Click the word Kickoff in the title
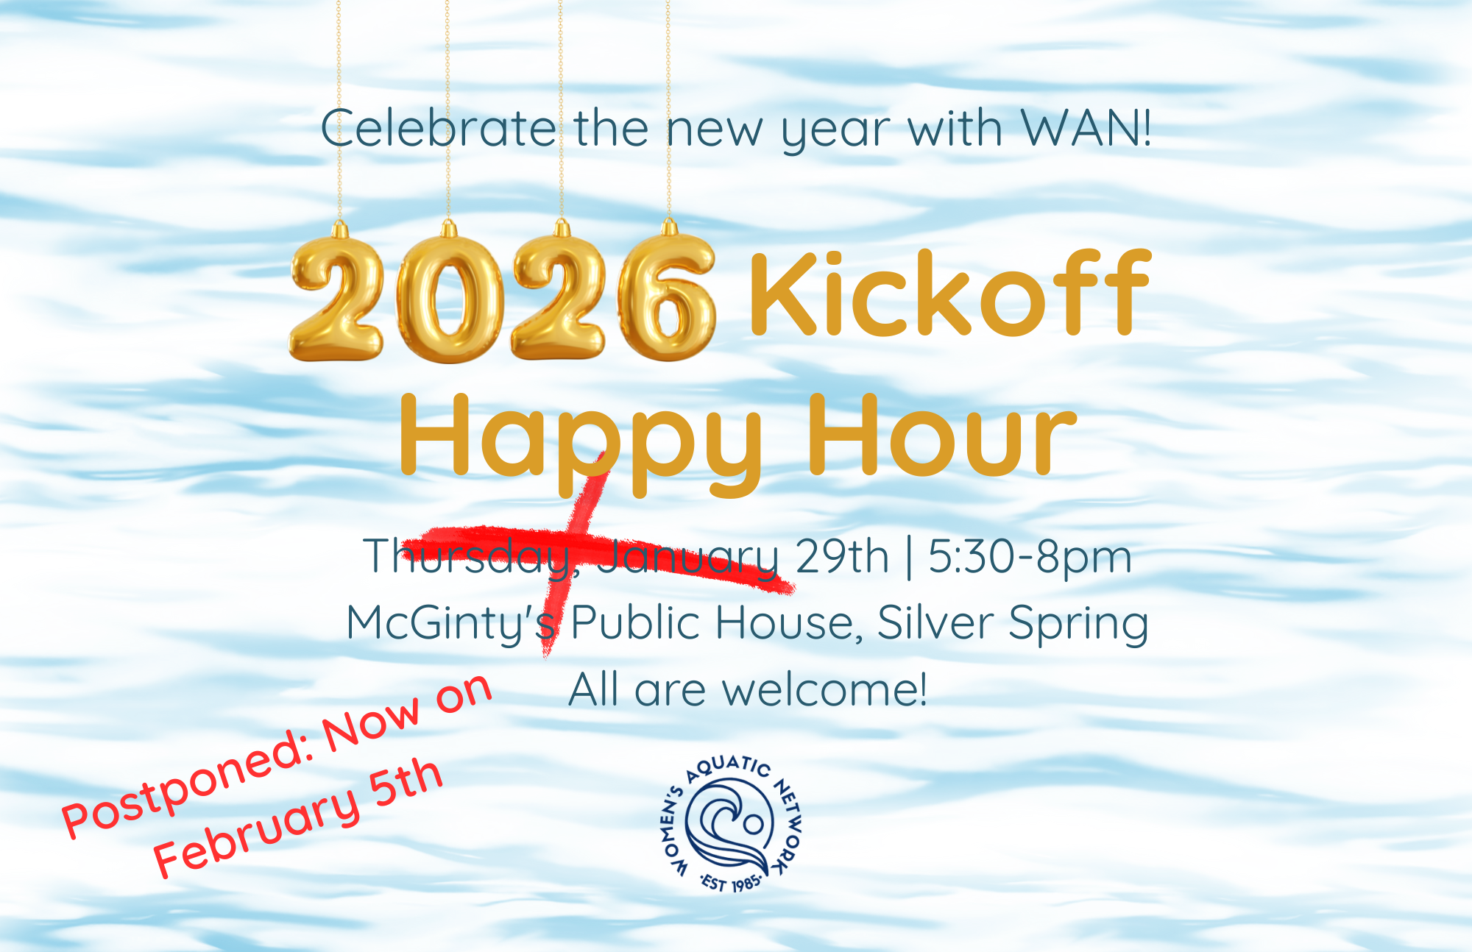click(949, 294)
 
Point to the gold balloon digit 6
click(666, 298)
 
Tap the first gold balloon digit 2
click(337, 298)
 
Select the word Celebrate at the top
click(438, 129)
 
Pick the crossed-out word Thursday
click(467, 557)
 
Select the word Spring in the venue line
click(1078, 624)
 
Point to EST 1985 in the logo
click(730, 881)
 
